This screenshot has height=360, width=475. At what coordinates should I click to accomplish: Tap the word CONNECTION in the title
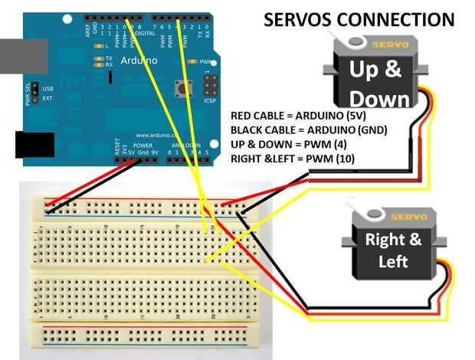tap(397, 19)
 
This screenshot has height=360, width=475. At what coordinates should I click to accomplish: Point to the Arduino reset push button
tap(184, 88)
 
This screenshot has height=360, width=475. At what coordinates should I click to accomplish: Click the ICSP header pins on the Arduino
tap(210, 85)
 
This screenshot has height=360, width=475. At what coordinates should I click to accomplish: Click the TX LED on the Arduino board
tap(99, 58)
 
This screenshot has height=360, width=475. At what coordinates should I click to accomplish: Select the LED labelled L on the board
tap(98, 46)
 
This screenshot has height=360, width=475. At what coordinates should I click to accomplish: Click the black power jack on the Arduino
tap(34, 144)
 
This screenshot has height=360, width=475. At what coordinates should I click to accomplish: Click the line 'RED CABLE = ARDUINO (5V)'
tap(293, 116)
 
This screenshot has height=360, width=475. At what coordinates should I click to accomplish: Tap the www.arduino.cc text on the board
tap(158, 135)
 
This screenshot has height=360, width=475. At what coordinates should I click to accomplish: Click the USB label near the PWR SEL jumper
tap(47, 89)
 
